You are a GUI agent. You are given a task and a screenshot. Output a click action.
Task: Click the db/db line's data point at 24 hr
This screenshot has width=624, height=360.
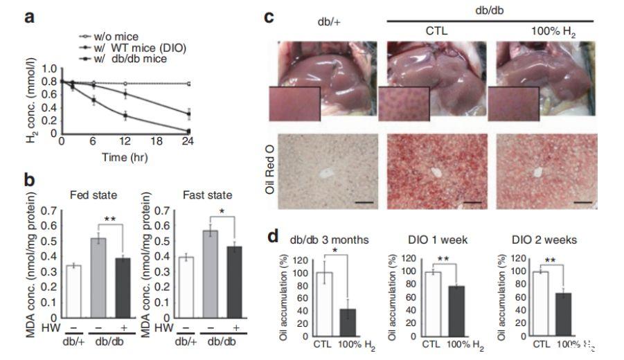click(x=189, y=131)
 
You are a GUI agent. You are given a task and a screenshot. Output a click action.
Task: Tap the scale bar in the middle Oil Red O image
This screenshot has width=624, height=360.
click(x=472, y=203)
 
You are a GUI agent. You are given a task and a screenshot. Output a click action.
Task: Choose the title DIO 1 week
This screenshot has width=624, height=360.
click(x=436, y=240)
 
